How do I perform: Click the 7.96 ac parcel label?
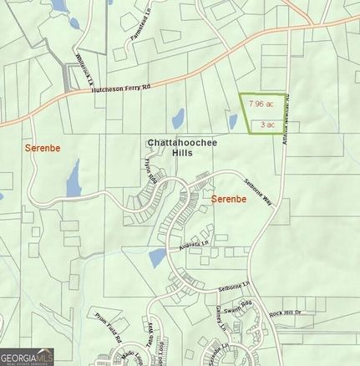[x=262, y=104]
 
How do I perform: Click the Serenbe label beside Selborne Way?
[x=229, y=200]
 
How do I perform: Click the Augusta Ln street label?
[x=194, y=246]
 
